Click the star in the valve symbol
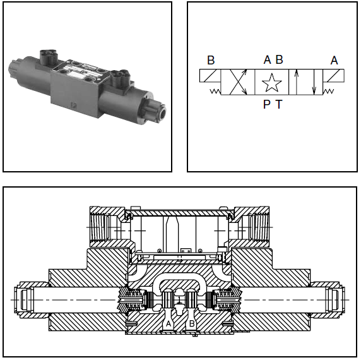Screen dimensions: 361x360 (x=271, y=83)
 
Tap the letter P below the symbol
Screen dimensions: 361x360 (x=266, y=104)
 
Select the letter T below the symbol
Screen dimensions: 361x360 (x=279, y=104)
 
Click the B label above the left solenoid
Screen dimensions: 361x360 (x=211, y=60)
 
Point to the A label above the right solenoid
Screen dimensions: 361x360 (x=334, y=61)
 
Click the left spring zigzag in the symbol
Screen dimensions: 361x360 (x=215, y=91)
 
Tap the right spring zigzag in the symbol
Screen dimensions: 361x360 (x=328, y=92)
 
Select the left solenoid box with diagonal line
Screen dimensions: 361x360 (x=210, y=76)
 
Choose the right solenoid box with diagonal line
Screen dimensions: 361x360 (x=334, y=76)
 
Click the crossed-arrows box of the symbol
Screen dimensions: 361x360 (x=238, y=82)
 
